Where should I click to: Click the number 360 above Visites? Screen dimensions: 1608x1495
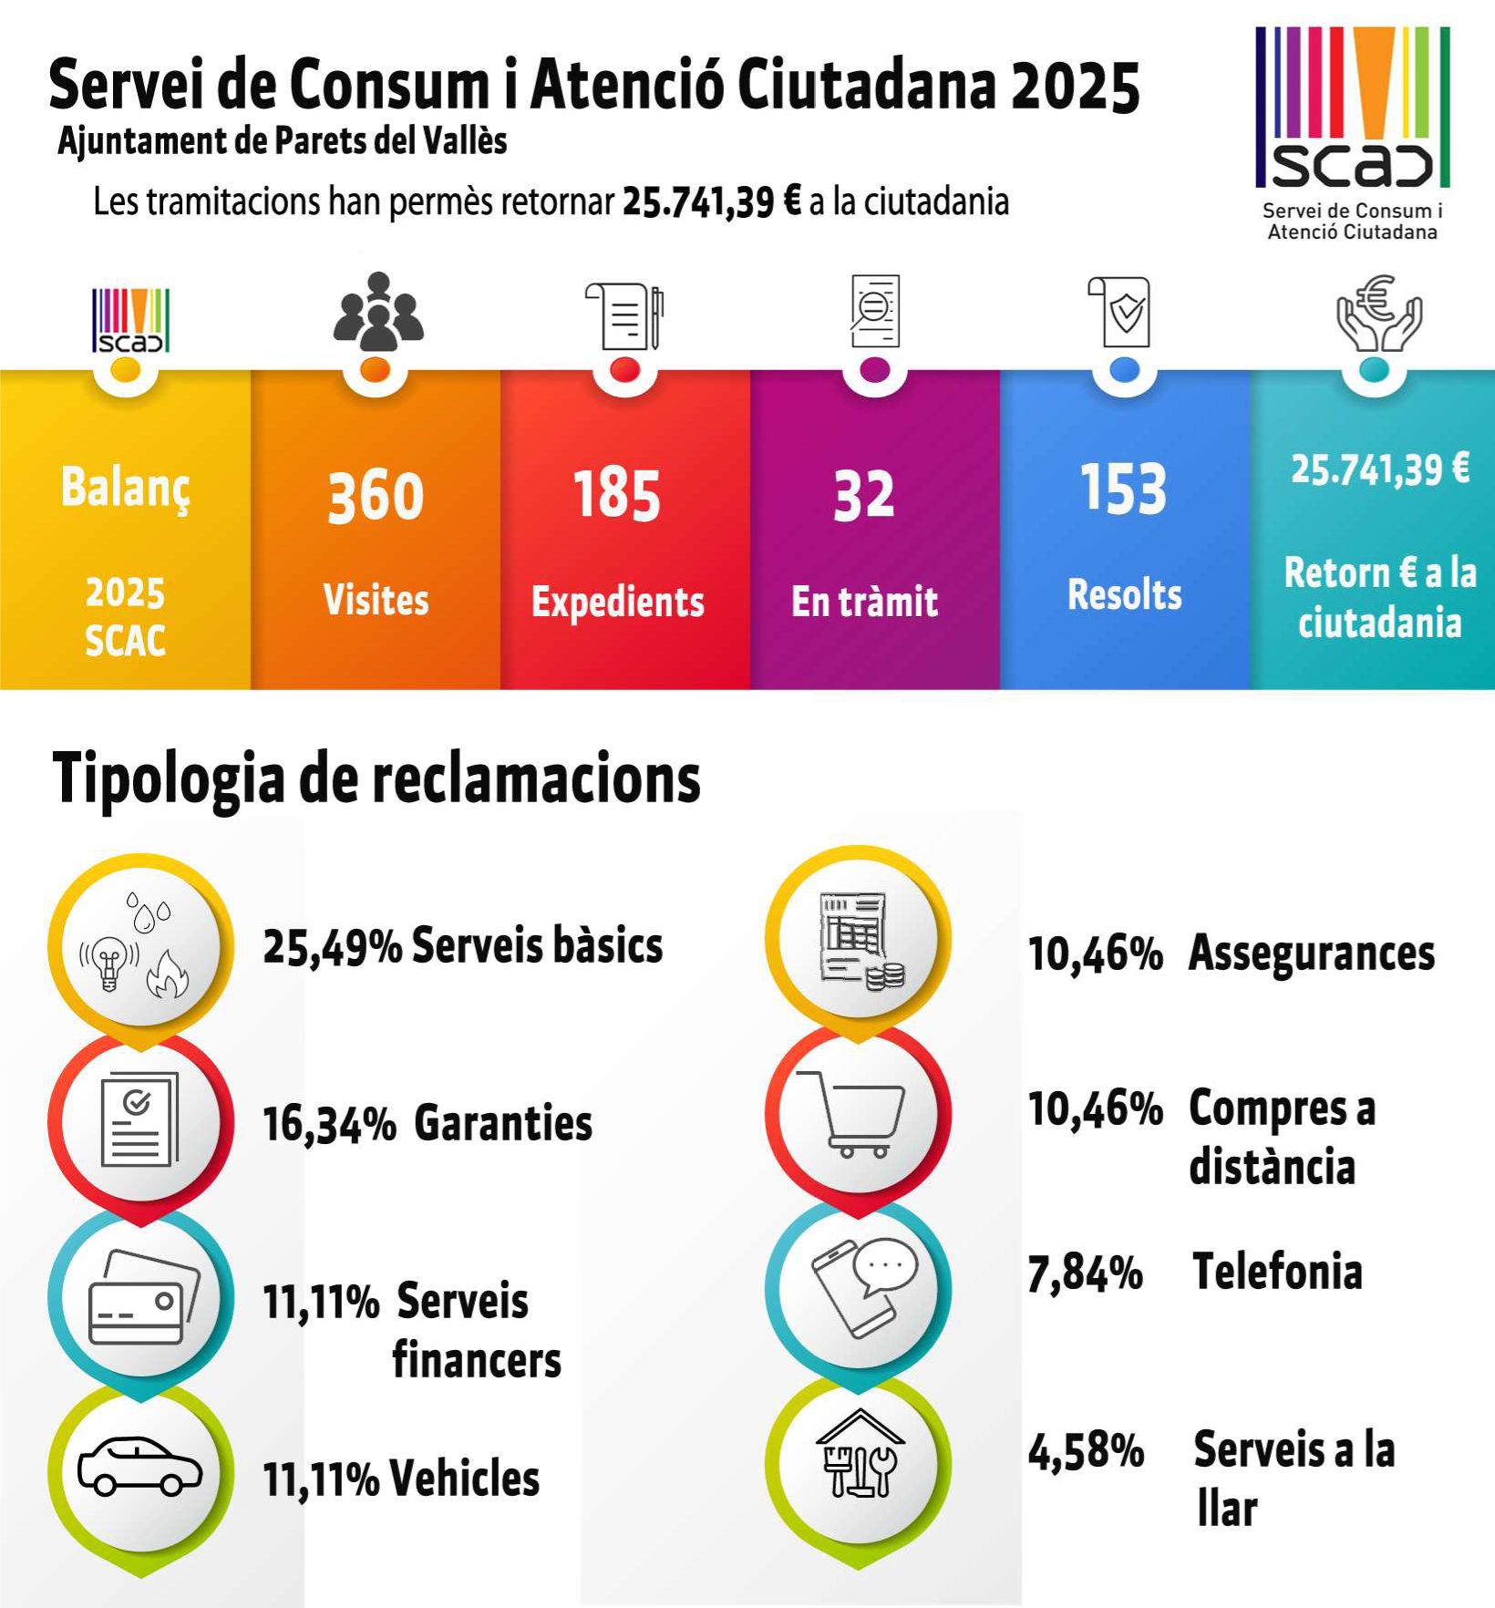click(x=376, y=497)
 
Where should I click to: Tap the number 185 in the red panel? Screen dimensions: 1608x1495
click(x=616, y=495)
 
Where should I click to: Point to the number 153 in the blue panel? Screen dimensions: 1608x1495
click(x=1123, y=490)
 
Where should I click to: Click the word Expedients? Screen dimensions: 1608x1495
click(x=617, y=603)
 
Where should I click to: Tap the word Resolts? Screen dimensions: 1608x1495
click(x=1124, y=595)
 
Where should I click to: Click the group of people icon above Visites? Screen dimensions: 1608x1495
click(x=377, y=312)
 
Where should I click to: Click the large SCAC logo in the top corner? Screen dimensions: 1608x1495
click(x=1352, y=109)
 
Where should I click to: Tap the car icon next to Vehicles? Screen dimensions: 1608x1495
click(x=139, y=1467)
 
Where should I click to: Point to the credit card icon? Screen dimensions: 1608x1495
click(x=142, y=1295)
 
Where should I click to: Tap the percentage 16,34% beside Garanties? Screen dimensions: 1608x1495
click(x=329, y=1124)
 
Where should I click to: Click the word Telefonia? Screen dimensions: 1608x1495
click(x=1277, y=1273)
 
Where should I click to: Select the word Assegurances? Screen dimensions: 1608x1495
click(x=1311, y=954)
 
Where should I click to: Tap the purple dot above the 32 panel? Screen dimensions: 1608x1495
click(x=874, y=369)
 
